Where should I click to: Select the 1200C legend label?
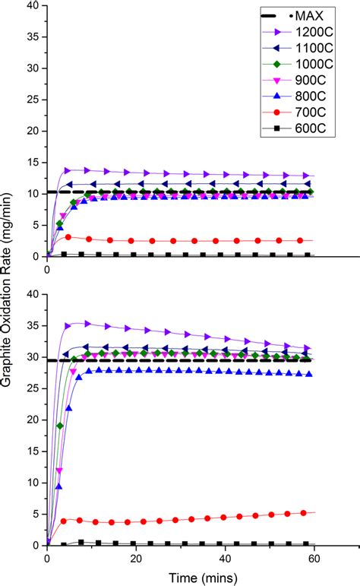pos(310,31)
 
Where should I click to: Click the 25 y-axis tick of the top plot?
pos(33,100)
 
